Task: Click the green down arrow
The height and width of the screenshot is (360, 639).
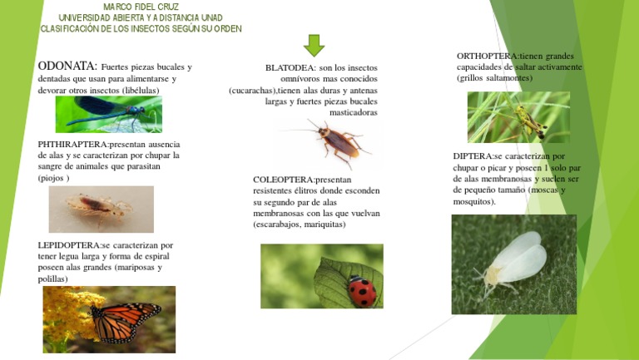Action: [314, 45]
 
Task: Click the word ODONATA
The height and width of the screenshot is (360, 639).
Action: [67, 66]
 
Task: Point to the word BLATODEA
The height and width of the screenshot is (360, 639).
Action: [290, 67]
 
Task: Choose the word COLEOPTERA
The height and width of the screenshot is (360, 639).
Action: [284, 180]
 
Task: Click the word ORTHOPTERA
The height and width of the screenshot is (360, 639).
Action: [488, 56]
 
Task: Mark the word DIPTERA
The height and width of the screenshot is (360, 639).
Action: [473, 156]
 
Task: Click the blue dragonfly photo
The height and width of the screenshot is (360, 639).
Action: [108, 114]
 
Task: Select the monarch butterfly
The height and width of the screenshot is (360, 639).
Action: [125, 321]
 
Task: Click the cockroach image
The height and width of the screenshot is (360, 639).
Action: [333, 142]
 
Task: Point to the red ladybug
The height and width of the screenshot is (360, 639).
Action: [362, 290]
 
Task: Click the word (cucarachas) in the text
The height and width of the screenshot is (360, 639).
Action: [253, 91]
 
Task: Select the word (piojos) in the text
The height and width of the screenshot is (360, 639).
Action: [54, 178]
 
